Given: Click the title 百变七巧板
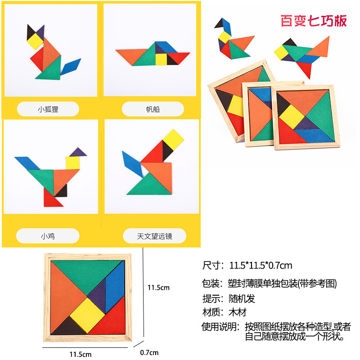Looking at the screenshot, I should point(314,21).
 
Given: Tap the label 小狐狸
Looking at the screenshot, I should point(48,109).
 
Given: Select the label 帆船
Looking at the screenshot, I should point(153,109).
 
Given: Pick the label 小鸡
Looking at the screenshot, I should point(48,235).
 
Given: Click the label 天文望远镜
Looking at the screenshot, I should point(154,235).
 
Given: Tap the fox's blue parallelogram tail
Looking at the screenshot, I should point(70,66).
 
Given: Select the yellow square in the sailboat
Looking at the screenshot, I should point(161,59).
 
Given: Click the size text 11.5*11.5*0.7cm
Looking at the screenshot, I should point(261,265).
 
